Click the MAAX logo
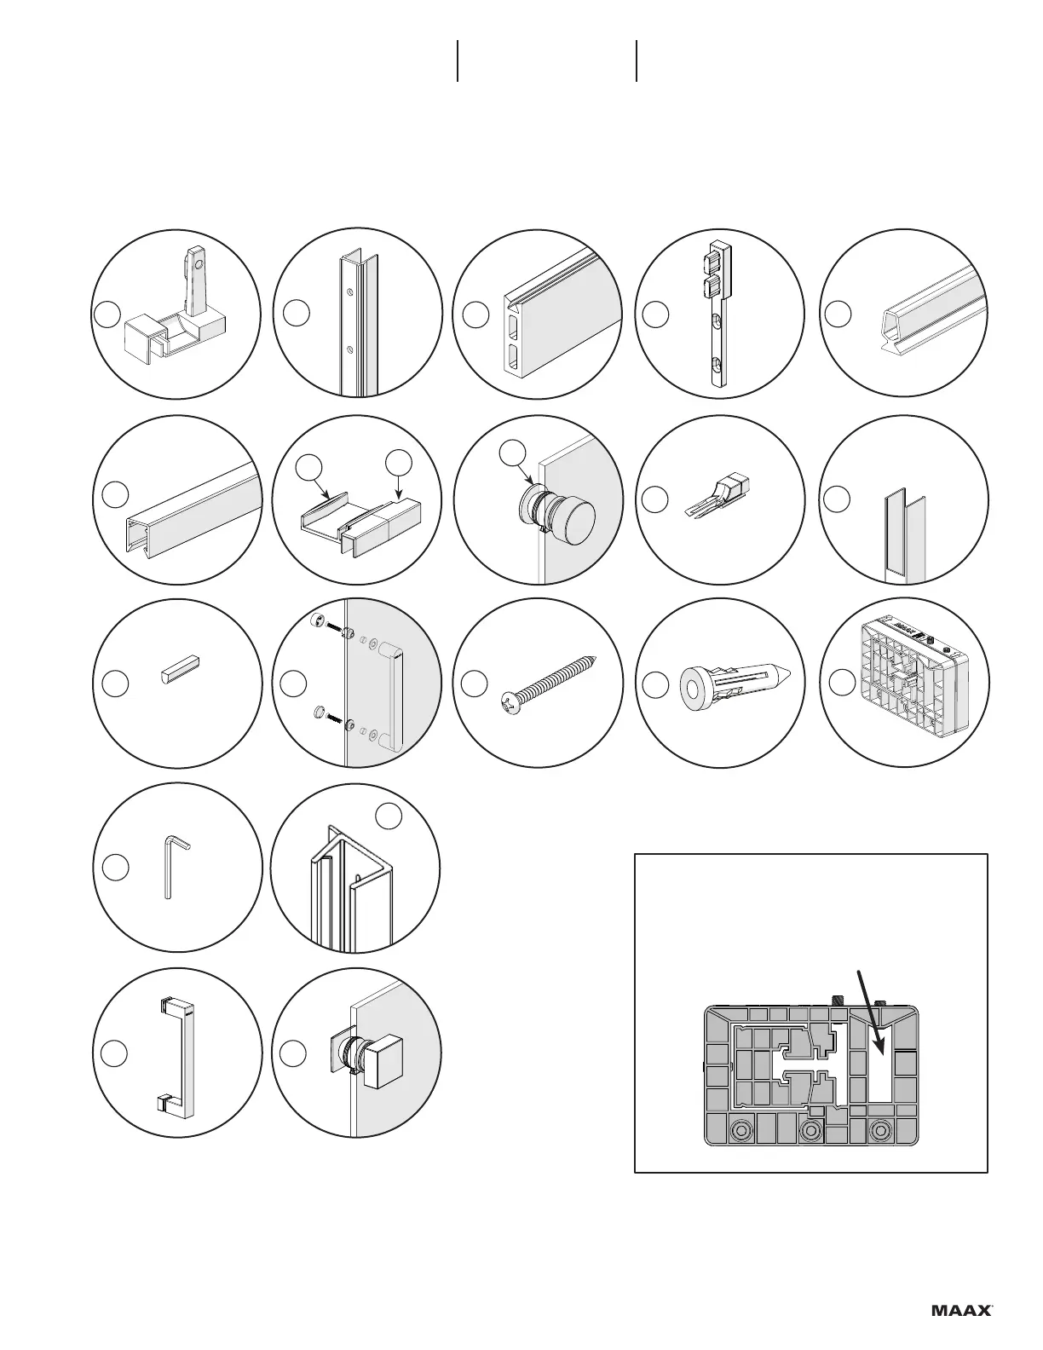point(961,1310)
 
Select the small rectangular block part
point(180,665)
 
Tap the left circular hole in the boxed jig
point(740,1130)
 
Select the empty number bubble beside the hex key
point(115,868)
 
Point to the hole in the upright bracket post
point(199,265)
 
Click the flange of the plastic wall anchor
point(695,684)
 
